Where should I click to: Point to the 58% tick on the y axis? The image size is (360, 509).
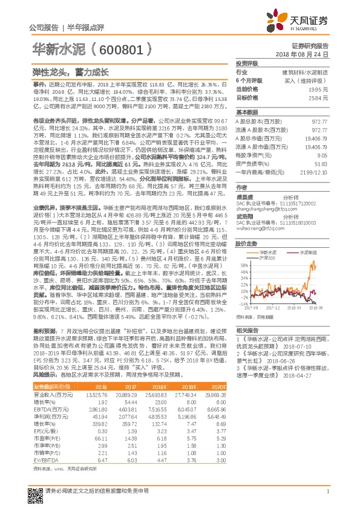[243, 265]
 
